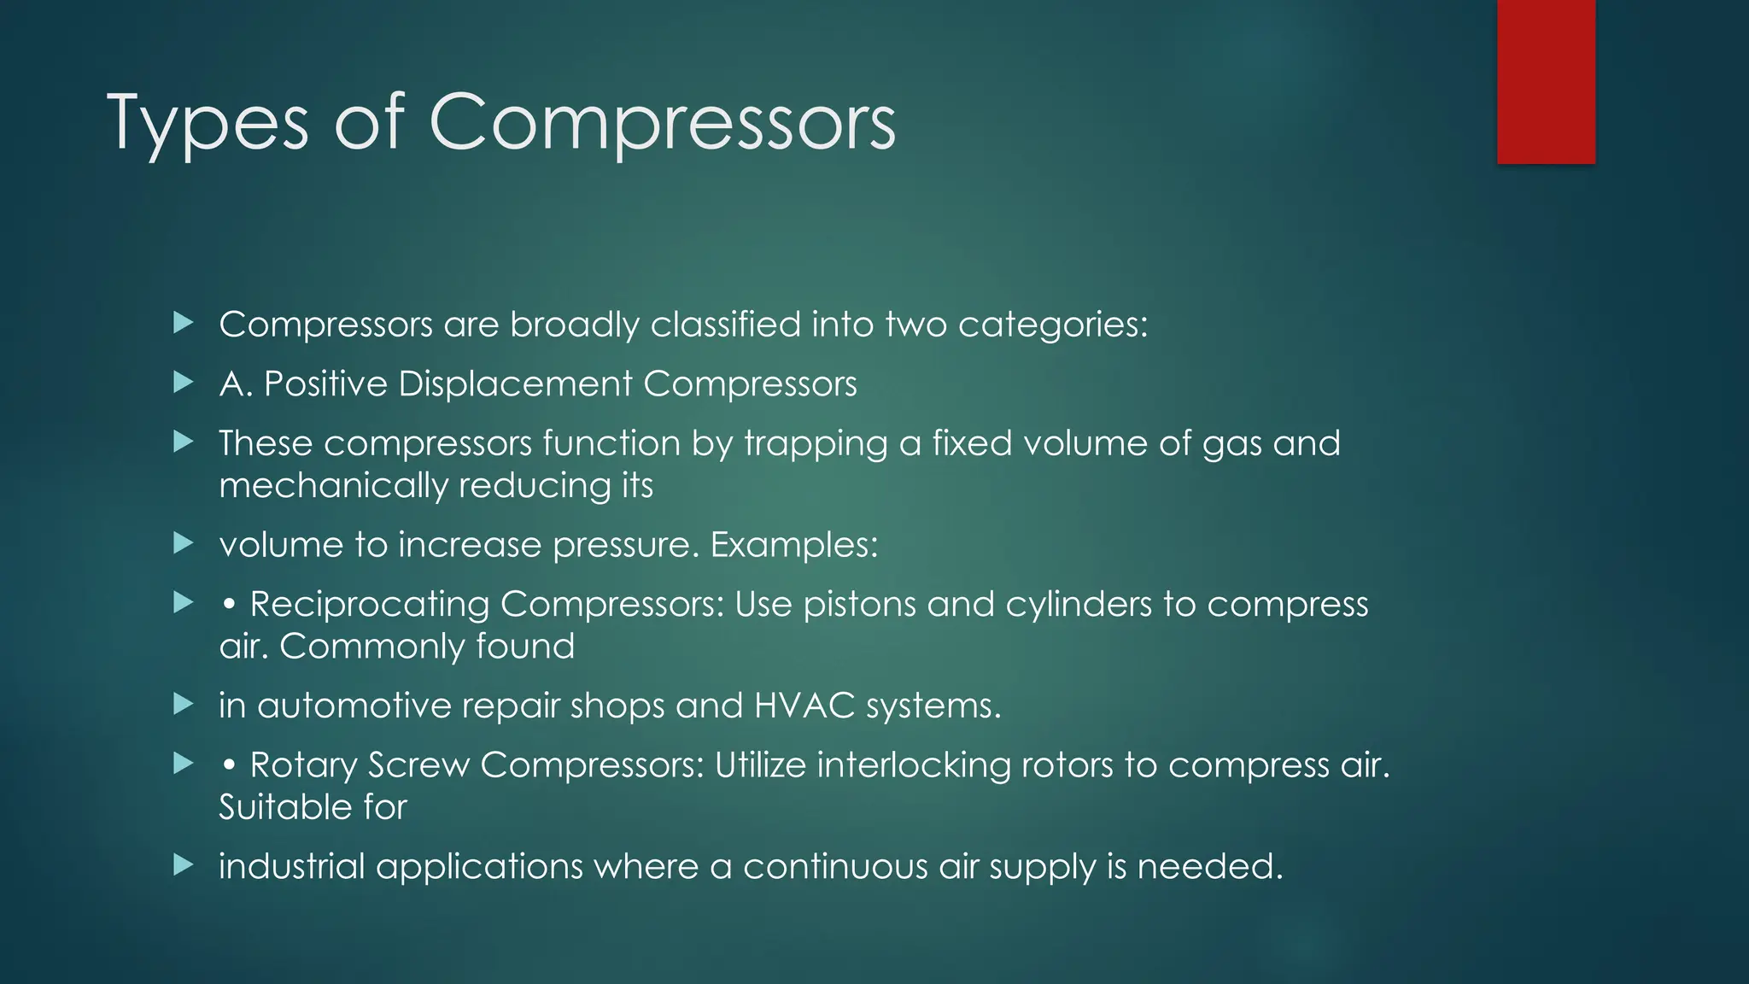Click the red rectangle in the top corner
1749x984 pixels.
(1546, 82)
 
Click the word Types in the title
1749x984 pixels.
(207, 124)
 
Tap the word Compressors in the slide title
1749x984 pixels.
(662, 124)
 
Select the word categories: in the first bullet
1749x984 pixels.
(1053, 325)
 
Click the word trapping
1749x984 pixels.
(816, 444)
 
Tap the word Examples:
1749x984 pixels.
(794, 545)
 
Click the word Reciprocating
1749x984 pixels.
(369, 604)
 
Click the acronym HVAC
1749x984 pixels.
(804, 706)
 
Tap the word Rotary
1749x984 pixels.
(303, 764)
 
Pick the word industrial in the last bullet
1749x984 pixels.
(292, 866)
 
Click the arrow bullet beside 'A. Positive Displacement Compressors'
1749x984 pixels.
(184, 383)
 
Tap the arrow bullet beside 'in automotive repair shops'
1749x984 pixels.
(184, 705)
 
